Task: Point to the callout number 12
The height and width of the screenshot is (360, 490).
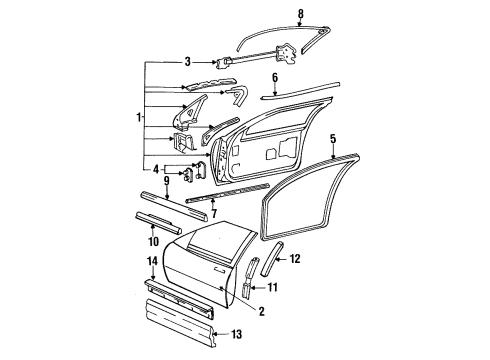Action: pyautogui.click(x=296, y=259)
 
